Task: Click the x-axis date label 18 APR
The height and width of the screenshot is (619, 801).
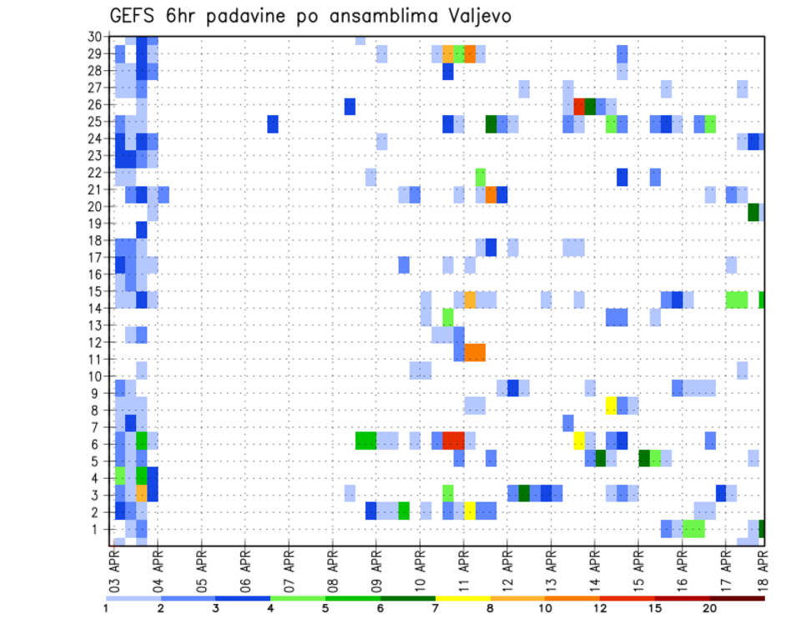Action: click(x=763, y=567)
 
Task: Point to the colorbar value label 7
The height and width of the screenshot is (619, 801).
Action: click(x=436, y=607)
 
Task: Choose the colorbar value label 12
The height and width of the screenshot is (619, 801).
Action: click(x=600, y=607)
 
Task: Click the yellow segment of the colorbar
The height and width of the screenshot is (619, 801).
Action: click(x=462, y=597)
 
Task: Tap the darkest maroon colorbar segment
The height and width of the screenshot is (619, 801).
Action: click(x=737, y=597)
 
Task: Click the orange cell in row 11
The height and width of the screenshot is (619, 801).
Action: click(x=475, y=352)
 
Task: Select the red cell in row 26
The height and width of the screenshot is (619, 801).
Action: click(x=579, y=106)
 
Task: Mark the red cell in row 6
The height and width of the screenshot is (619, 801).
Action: click(x=453, y=440)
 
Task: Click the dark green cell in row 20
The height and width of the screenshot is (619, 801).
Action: click(x=753, y=212)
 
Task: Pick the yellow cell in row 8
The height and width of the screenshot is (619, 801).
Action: click(x=611, y=405)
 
